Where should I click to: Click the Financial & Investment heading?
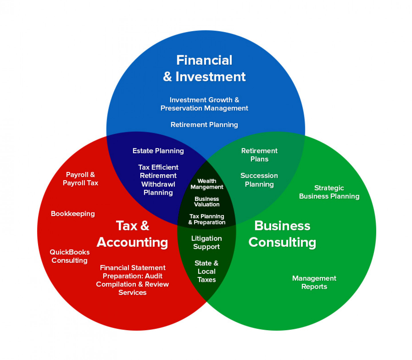point(204,68)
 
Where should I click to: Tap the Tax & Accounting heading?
point(132,234)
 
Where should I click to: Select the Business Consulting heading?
point(282,234)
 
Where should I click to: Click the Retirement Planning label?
point(204,125)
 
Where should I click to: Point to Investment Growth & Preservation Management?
point(204,104)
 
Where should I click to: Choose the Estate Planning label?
point(158,151)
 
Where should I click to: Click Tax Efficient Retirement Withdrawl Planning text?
point(158,180)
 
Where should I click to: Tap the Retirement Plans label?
point(259,155)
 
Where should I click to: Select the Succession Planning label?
point(259,180)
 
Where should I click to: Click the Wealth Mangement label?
point(207,184)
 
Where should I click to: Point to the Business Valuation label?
point(207,202)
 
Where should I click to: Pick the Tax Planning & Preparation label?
point(207,219)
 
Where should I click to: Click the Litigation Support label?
point(206,243)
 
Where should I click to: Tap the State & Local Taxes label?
point(206,271)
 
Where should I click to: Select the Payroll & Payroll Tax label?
point(80,179)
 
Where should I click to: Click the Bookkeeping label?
point(73,214)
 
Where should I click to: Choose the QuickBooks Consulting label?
point(70,256)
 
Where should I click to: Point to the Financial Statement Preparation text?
point(133,280)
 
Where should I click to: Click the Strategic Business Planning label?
point(329,192)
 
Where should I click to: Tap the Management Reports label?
point(314,282)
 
